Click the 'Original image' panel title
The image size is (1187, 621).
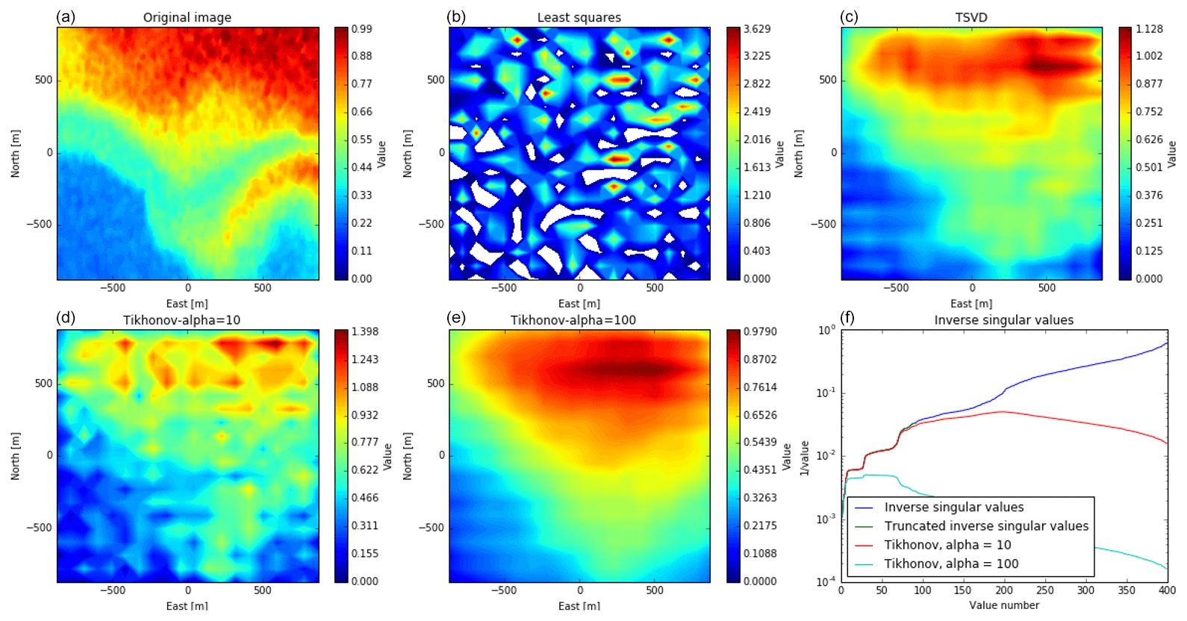click(187, 17)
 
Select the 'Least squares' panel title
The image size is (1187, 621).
click(579, 17)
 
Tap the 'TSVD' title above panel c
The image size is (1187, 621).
click(971, 17)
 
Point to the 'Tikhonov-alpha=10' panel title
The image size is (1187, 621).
click(181, 320)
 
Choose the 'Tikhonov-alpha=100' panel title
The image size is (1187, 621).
click(573, 320)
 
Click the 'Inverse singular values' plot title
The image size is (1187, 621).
click(1003, 320)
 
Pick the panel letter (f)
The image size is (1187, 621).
click(847, 317)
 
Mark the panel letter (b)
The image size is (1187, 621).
click(456, 16)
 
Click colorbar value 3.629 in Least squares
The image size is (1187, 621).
click(757, 29)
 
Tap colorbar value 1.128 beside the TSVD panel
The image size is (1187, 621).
click(1149, 29)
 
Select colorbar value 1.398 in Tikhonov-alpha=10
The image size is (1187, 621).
click(364, 331)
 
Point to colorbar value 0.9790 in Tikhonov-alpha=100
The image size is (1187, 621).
click(760, 331)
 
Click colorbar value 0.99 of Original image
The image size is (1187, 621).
click(362, 29)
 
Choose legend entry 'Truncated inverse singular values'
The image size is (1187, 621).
click(986, 526)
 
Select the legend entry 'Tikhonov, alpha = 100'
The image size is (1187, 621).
click(951, 564)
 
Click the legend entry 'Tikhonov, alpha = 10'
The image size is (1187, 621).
click(947, 545)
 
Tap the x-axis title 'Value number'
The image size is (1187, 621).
click(1004, 605)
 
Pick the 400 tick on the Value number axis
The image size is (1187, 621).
click(1167, 590)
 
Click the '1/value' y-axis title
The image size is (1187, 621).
click(804, 458)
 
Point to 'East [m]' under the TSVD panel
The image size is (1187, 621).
click(971, 304)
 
